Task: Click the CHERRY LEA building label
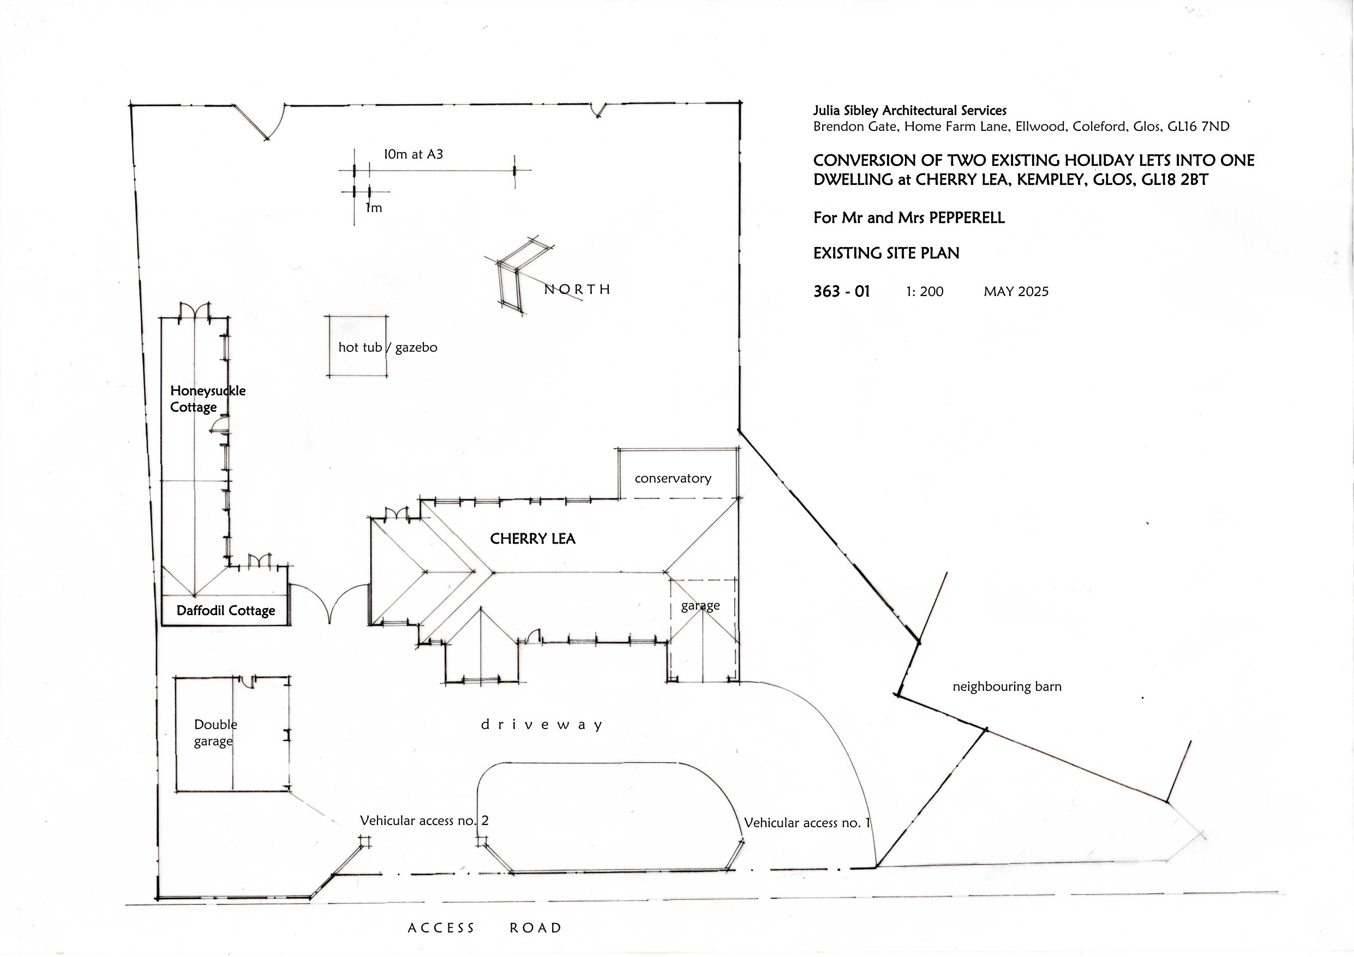532,538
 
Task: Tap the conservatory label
672,478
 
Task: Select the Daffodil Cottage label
225,611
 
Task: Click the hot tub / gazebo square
356,346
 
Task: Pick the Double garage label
214,732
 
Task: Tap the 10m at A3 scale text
413,154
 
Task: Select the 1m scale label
374,208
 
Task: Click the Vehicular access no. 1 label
807,822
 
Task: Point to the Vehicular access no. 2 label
424,820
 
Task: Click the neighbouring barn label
1006,687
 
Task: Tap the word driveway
541,725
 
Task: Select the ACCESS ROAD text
485,928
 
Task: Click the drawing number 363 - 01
841,291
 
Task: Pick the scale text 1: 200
924,292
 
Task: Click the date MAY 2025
1016,292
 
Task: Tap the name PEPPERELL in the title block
967,218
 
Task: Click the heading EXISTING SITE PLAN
886,254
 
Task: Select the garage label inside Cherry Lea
700,606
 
